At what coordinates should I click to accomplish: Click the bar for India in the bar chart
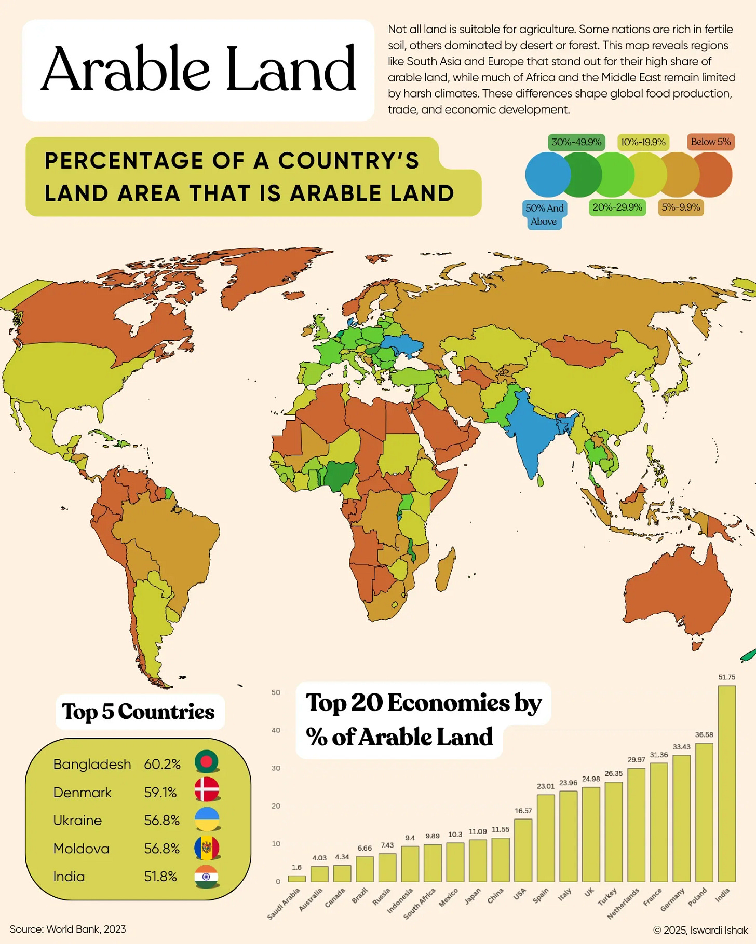pyautogui.click(x=726, y=783)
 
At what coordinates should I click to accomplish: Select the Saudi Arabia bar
pyautogui.click(x=296, y=879)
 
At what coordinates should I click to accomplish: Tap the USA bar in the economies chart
pyautogui.click(x=523, y=850)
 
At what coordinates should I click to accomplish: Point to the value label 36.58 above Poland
pyautogui.click(x=704, y=734)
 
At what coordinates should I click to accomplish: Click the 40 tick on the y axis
pyautogui.click(x=276, y=730)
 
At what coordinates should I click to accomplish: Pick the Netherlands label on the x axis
pyautogui.click(x=623, y=904)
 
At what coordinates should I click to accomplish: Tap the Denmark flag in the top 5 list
pyautogui.click(x=207, y=790)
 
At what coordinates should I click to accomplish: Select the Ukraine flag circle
pyautogui.click(x=207, y=818)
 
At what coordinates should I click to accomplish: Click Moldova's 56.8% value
pyautogui.click(x=161, y=849)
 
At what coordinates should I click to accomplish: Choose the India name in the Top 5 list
pyautogui.click(x=69, y=877)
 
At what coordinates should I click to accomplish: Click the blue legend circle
pyautogui.click(x=547, y=174)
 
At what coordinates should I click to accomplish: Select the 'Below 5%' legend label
pyautogui.click(x=710, y=142)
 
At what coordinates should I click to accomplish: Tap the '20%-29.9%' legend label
pyautogui.click(x=617, y=207)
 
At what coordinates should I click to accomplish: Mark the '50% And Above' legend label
pyautogui.click(x=544, y=215)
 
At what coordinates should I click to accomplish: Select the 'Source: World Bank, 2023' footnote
pyautogui.click(x=68, y=929)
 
